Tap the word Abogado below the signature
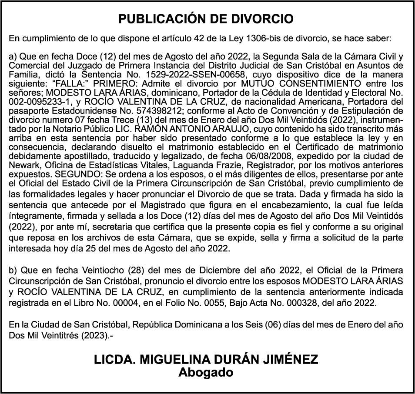click(207, 373)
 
